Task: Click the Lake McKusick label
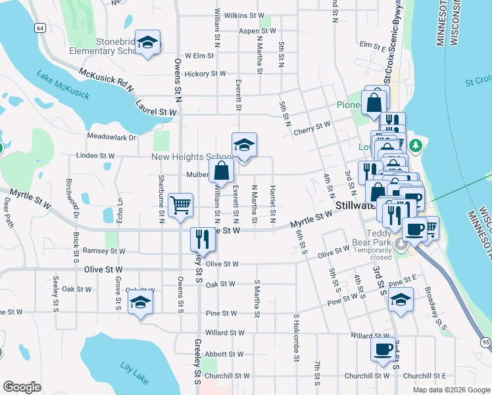62,85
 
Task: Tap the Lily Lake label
135,373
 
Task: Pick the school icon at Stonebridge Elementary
147,42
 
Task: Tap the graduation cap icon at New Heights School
244,145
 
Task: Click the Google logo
22,387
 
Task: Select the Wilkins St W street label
243,14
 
